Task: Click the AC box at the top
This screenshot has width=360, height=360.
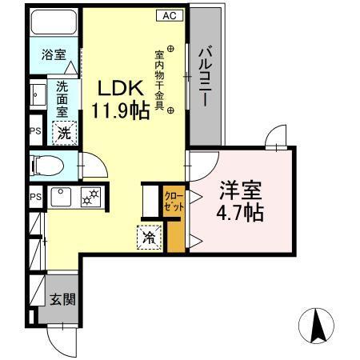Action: pos(170,15)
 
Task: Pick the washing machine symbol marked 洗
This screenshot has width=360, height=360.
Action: pos(62,132)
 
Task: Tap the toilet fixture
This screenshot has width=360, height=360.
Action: pos(48,166)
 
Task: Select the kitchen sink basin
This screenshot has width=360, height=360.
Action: pos(61,196)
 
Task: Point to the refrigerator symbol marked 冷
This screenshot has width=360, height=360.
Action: pos(149,236)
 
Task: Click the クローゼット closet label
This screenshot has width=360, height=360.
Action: pos(174,201)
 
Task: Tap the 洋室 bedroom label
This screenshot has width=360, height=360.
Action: pos(242,193)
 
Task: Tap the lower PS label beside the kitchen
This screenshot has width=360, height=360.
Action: pos(35,197)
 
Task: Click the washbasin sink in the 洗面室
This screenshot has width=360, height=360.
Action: pos(37,95)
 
